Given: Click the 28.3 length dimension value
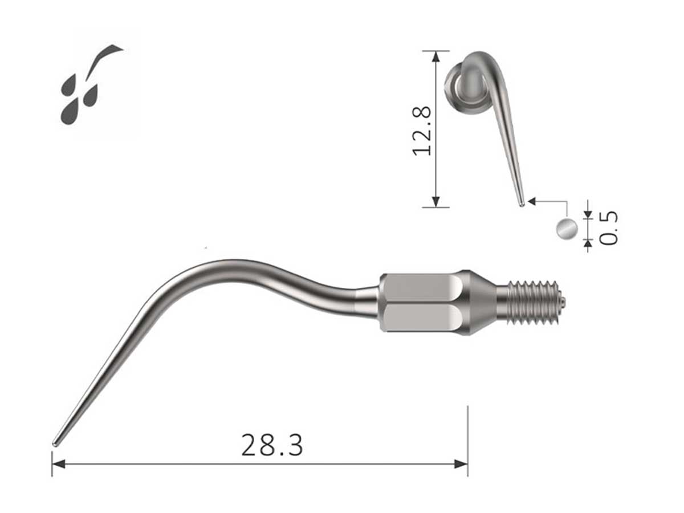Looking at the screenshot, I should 272,445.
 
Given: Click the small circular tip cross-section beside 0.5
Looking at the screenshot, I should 566,228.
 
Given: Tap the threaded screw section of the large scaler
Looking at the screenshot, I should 527,302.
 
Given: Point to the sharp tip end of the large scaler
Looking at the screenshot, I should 55,443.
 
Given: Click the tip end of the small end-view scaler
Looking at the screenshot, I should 521,203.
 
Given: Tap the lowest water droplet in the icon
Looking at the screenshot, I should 70,112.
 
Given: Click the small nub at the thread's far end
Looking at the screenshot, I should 562,302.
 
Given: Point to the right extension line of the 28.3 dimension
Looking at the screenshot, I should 467,433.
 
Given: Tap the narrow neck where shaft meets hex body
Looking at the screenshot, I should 367,302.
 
